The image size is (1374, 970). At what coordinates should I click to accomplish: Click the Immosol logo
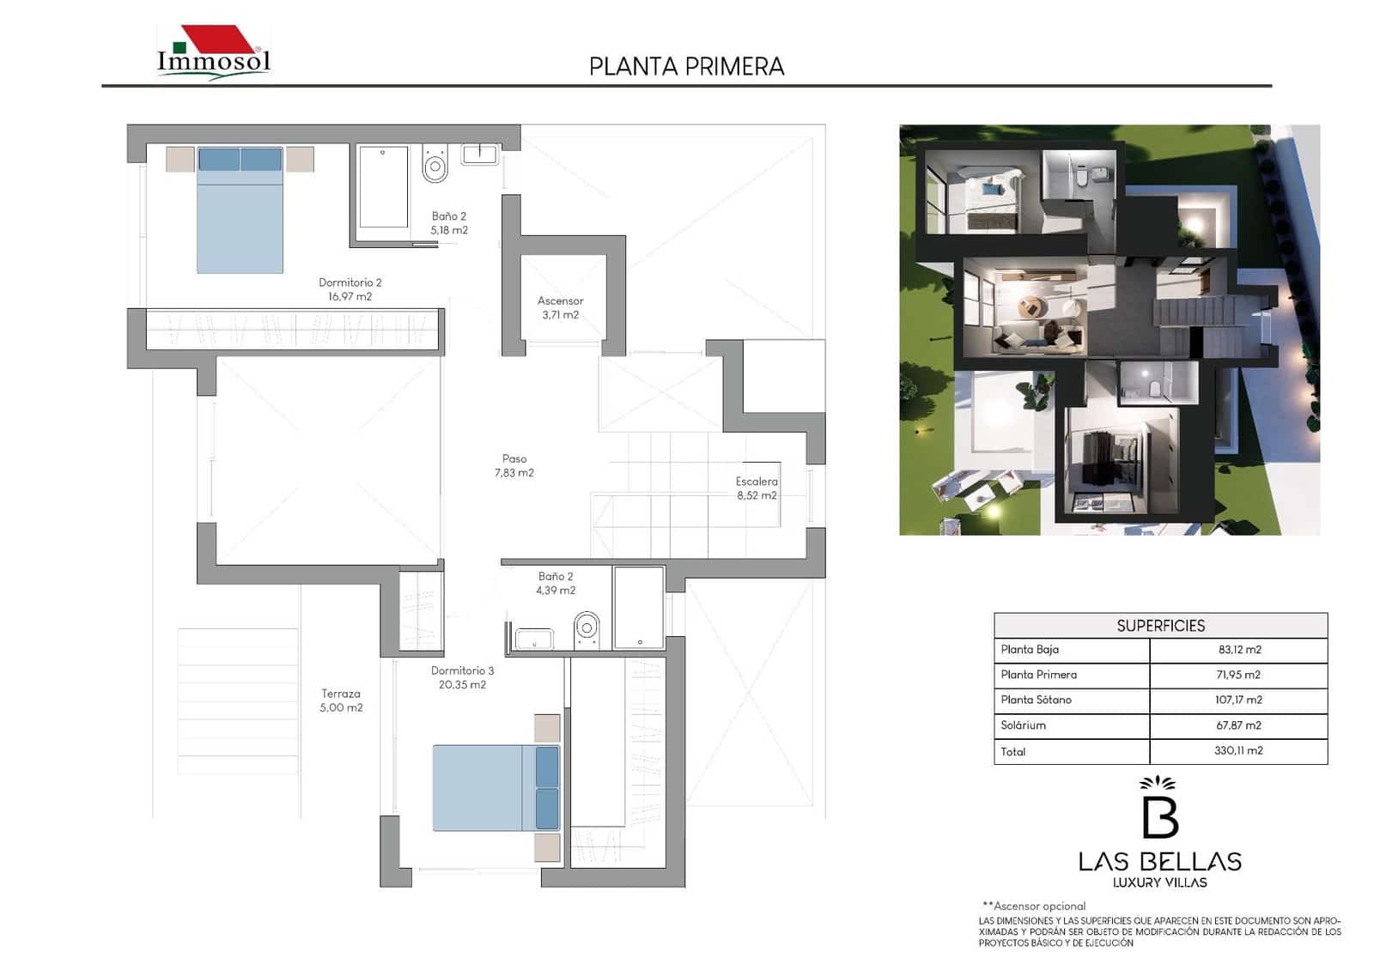pos(214,54)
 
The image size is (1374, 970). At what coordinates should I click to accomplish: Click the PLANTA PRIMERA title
pos(686,67)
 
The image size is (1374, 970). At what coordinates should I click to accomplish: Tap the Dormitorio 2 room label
pos(350,289)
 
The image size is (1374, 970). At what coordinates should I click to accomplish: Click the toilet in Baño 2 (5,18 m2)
pos(435,163)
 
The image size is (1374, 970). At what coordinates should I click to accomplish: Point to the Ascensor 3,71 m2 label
pos(560,307)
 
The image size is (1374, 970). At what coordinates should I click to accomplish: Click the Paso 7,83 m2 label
pos(514,465)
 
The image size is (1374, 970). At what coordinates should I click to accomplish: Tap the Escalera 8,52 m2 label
pos(756,488)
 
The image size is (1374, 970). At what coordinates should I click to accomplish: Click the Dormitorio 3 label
pos(462,677)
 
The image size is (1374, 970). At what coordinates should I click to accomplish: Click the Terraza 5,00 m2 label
pos(341,700)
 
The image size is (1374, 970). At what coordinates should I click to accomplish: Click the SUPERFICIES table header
pos(1160,626)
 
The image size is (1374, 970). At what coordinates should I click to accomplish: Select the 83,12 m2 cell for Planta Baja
pos(1238,650)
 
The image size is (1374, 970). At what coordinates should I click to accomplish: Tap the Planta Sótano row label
pos(1036,700)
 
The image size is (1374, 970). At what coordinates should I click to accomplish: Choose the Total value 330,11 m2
pos(1238,751)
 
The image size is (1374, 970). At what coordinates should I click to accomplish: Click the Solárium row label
pos(1023,725)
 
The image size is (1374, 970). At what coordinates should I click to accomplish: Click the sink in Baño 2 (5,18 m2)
pos(479,155)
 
